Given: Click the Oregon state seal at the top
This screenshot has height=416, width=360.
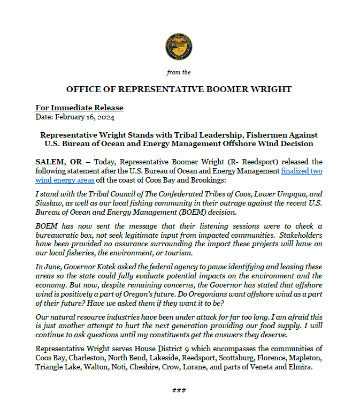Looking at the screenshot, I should pos(179,48).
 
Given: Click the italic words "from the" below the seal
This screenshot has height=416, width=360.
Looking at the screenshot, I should pos(179,72).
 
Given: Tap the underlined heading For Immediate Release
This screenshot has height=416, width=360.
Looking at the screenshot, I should pos(79,108).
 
